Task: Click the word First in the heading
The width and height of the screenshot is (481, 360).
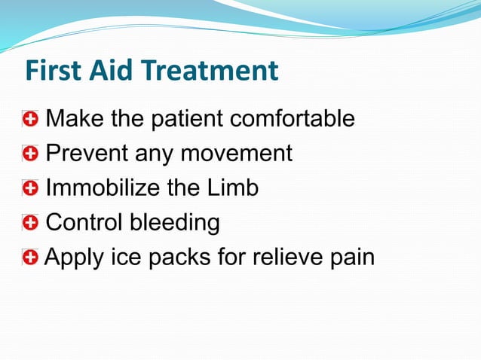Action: click(x=55, y=72)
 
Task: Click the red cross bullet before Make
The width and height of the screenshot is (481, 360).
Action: click(x=30, y=119)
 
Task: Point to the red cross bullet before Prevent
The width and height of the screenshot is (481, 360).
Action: click(x=30, y=154)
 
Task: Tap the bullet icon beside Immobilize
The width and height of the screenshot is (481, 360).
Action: click(x=30, y=188)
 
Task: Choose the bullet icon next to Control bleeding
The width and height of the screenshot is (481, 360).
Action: click(x=30, y=223)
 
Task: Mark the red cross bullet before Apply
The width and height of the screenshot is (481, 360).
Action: click(x=30, y=258)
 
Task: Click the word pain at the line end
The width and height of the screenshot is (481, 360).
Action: click(x=352, y=258)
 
